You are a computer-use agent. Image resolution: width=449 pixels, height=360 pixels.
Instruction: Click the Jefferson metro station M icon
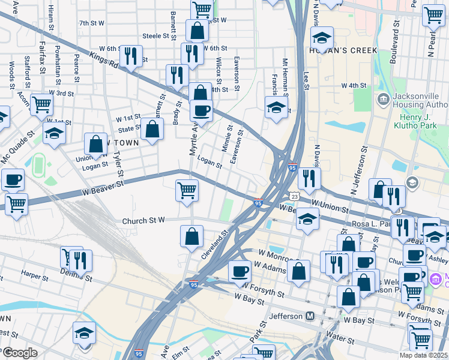[x=310, y=316]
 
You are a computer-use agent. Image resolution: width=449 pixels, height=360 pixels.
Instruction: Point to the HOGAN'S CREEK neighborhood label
[x=343, y=51]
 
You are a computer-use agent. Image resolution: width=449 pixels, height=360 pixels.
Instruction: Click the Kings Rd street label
[x=96, y=60]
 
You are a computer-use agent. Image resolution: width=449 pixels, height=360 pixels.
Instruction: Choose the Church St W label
[x=143, y=221]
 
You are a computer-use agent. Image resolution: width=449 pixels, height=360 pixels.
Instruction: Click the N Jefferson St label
[x=361, y=175]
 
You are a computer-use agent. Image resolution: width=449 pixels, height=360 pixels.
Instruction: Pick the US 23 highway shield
[x=294, y=196]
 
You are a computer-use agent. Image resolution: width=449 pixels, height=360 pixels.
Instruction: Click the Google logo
[x=19, y=353]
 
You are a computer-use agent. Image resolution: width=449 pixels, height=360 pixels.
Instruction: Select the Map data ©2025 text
[x=423, y=355]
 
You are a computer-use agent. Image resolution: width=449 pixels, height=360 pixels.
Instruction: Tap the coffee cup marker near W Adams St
[x=240, y=271]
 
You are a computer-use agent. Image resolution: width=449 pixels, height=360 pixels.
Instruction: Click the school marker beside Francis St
[x=276, y=108]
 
